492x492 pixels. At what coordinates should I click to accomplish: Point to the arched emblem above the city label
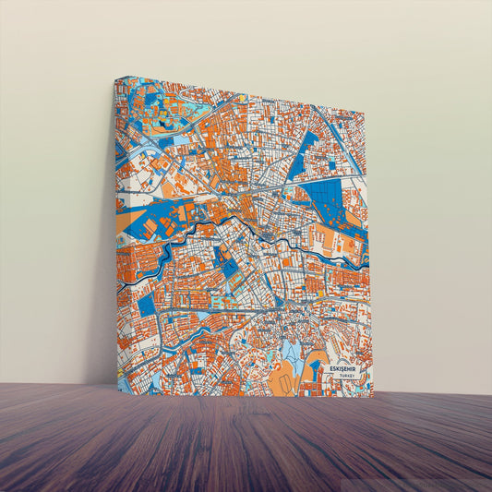point(345,361)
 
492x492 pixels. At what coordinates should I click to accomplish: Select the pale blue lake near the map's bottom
point(290,352)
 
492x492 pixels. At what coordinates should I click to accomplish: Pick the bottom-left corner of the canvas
point(119,390)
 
